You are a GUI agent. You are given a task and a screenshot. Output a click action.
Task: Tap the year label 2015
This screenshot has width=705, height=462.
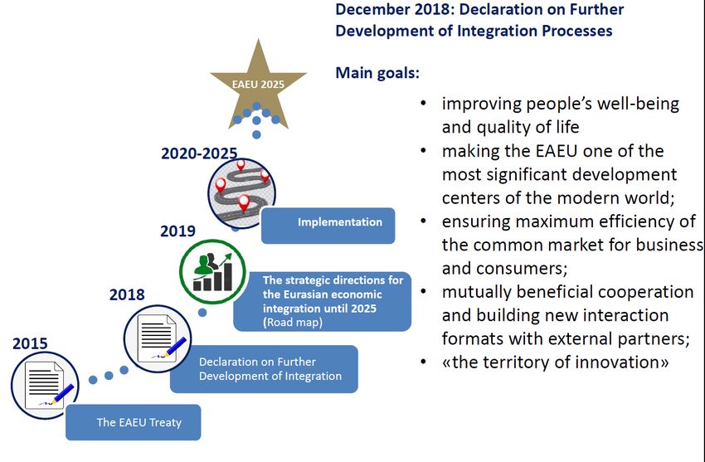click(30, 343)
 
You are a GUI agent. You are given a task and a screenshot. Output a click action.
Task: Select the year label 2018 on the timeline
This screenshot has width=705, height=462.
click(127, 294)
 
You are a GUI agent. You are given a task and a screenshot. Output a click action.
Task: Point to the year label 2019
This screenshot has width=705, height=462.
click(178, 231)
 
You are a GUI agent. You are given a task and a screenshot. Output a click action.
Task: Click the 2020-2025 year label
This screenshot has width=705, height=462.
click(199, 153)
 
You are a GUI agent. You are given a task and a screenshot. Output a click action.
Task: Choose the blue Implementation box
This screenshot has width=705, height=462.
click(328, 226)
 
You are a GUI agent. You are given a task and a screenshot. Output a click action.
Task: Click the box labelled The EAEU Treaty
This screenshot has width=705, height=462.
click(133, 422)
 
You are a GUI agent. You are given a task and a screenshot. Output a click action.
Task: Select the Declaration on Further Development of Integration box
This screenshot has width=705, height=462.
click(264, 369)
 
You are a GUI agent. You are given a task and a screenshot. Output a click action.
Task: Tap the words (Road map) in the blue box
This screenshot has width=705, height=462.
click(293, 323)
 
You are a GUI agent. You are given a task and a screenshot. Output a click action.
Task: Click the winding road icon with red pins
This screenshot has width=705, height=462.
click(241, 193)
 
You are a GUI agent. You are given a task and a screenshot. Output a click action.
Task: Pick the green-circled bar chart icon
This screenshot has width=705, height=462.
click(212, 271)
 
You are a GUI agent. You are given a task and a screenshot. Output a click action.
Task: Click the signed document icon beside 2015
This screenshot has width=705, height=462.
click(45, 386)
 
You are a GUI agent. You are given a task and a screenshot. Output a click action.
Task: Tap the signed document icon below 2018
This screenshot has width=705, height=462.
click(158, 339)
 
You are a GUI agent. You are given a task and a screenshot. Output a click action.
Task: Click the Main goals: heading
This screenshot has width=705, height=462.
click(377, 73)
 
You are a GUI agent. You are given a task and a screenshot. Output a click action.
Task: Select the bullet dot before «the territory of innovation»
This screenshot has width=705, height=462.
click(423, 362)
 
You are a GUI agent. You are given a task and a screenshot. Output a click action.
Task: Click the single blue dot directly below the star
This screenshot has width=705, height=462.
click(256, 134)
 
